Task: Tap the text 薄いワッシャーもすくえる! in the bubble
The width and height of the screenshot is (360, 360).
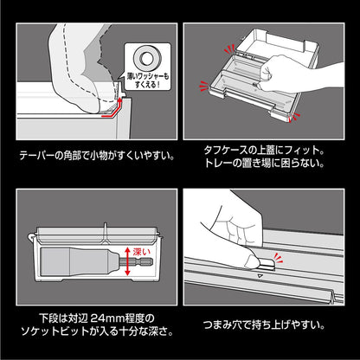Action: pos(148,80)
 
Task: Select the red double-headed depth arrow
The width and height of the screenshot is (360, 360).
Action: pos(127,262)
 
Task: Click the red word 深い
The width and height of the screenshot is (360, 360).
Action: pos(142,252)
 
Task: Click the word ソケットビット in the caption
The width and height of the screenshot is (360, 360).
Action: pos(55,331)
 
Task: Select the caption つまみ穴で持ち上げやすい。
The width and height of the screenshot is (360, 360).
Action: pos(264,325)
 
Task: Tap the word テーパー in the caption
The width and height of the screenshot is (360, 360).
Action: pos(37,156)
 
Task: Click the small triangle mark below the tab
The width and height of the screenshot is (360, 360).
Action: pos(260,276)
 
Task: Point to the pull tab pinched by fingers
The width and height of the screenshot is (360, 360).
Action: pos(267,263)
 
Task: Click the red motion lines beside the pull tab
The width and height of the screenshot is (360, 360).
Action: pos(278,257)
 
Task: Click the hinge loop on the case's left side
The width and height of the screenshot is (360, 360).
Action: pos(31,237)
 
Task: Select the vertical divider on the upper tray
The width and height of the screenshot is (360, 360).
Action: pos(106,233)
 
